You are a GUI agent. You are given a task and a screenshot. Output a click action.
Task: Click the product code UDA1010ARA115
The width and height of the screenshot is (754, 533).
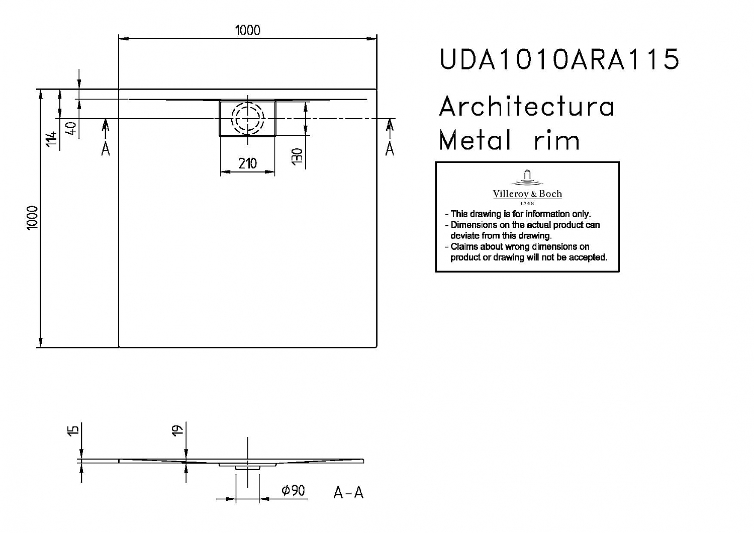[x=559, y=59]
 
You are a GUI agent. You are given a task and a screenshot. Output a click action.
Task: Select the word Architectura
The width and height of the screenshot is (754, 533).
[x=527, y=106]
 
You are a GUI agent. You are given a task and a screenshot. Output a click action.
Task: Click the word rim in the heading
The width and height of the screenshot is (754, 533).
[x=557, y=140]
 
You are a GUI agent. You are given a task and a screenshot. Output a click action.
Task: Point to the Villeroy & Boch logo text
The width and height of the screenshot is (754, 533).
[x=527, y=194]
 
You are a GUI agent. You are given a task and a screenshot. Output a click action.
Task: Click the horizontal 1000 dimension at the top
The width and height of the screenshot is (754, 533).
[x=247, y=31]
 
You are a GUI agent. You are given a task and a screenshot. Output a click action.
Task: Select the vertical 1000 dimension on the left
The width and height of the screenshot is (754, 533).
[x=32, y=218]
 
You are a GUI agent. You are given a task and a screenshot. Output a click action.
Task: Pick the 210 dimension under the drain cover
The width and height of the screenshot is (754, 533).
[x=247, y=163]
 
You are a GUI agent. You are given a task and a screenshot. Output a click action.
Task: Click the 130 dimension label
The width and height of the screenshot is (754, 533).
[x=297, y=156]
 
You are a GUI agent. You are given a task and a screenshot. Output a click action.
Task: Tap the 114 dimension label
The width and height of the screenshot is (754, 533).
[x=51, y=139]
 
